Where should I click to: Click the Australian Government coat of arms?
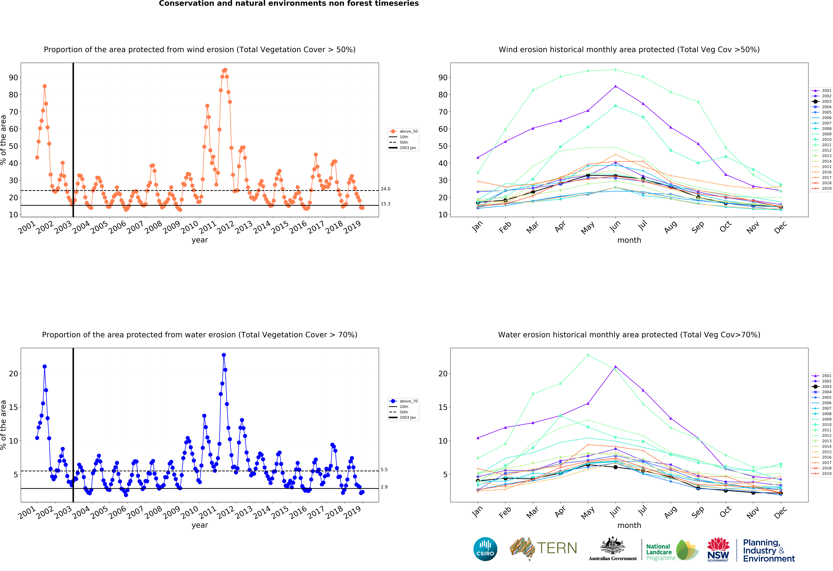613,546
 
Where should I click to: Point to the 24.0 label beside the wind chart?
385,189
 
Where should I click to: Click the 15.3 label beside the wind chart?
385,204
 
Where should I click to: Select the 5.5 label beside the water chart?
384,470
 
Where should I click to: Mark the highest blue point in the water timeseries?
224,355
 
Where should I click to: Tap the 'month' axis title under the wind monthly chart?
629,240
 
